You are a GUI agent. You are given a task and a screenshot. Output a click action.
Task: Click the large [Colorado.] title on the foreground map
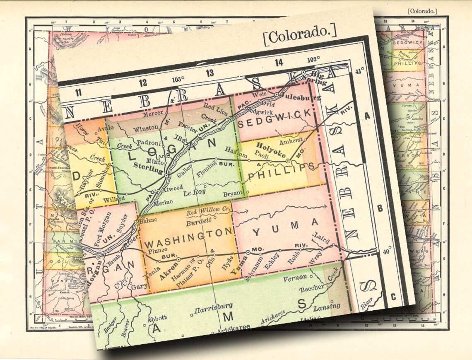coord(300,34)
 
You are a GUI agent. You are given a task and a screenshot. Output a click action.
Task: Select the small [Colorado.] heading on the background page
coord(422,11)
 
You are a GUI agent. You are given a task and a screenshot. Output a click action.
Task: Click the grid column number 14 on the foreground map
coord(279,63)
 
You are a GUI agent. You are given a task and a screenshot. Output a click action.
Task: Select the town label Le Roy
coord(195,193)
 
